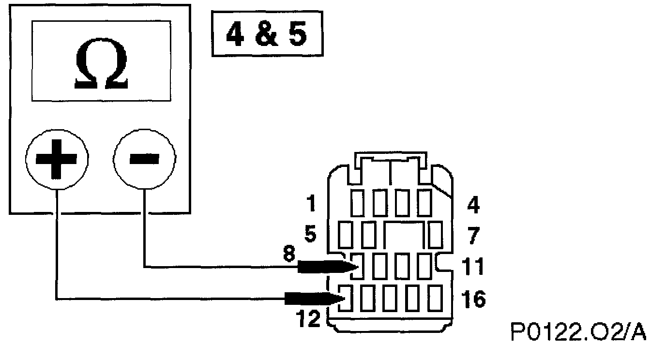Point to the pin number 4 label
(472, 206)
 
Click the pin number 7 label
(472, 237)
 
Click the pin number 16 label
(473, 300)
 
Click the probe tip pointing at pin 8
(352, 266)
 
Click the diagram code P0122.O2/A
(578, 332)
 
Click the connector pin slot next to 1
(358, 204)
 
